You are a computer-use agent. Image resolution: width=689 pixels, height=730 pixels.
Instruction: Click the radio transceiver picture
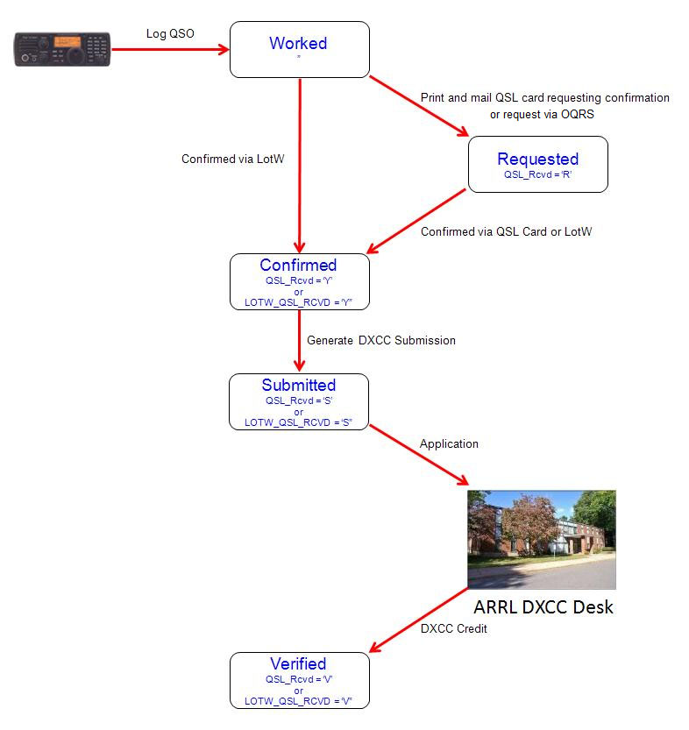61,50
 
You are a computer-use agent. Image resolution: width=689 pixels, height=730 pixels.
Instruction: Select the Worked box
299,49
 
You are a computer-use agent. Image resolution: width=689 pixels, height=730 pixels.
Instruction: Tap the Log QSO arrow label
169,33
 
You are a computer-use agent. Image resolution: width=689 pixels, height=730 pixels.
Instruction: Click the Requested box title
537,159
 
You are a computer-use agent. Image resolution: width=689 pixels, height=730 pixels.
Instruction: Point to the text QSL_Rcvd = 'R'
537,174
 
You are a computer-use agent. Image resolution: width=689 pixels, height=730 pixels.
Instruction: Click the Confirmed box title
298,265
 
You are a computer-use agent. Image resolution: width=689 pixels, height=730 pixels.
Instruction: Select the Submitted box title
298,385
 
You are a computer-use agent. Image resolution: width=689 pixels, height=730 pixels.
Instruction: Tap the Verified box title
298,663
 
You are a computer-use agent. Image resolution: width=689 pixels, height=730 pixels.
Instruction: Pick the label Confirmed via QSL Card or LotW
506,231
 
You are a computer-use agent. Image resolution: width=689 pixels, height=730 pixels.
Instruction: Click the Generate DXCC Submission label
380,340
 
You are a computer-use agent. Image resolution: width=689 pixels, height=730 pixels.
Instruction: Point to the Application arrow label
449,443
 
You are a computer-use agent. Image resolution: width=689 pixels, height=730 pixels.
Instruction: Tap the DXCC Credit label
453,628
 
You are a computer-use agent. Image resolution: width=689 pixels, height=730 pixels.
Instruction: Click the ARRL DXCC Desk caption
543,606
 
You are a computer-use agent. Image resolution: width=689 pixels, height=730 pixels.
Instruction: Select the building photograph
541,538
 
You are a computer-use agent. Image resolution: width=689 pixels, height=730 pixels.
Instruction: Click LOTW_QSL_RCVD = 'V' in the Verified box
298,701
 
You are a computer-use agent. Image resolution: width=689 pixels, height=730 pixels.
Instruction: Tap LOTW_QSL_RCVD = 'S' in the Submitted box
298,422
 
